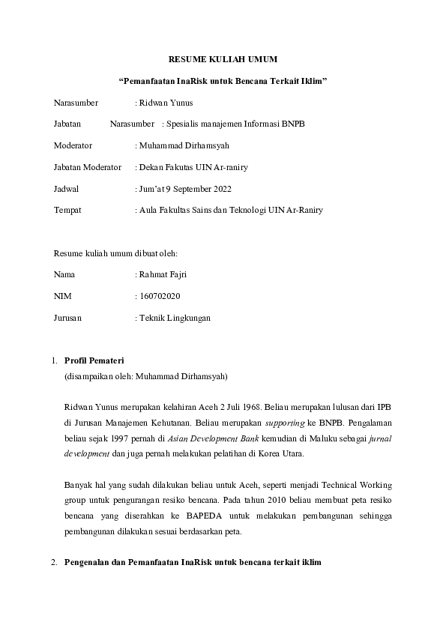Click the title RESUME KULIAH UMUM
coord(223,58)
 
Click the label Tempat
coord(67,210)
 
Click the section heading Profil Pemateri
coord(94,361)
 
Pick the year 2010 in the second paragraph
coord(290,501)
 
